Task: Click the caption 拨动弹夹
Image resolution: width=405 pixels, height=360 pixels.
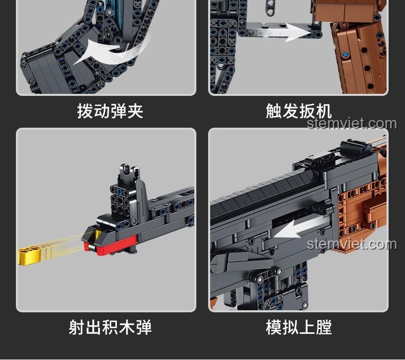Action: point(110,111)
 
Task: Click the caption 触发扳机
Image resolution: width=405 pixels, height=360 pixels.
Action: point(299,111)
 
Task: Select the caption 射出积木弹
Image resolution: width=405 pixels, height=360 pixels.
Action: point(110,327)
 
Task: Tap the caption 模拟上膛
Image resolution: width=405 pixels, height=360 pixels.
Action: point(299,327)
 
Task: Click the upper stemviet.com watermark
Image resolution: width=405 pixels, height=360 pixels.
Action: point(352,124)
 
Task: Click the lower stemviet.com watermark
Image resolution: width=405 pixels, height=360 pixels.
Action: point(352,244)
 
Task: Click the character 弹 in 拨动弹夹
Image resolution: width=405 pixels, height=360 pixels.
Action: point(118,111)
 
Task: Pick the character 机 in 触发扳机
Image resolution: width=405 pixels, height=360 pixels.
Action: point(324,111)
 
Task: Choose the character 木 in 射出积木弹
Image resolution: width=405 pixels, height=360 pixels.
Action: point(127,327)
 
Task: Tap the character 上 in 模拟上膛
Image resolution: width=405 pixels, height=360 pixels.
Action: point(307,327)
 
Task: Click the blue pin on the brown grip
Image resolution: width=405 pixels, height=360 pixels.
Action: point(345,54)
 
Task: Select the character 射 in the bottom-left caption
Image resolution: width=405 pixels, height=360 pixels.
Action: point(77,327)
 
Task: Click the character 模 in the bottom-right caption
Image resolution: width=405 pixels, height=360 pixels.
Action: point(274,327)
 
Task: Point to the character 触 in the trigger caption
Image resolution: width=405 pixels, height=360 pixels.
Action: point(274,111)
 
